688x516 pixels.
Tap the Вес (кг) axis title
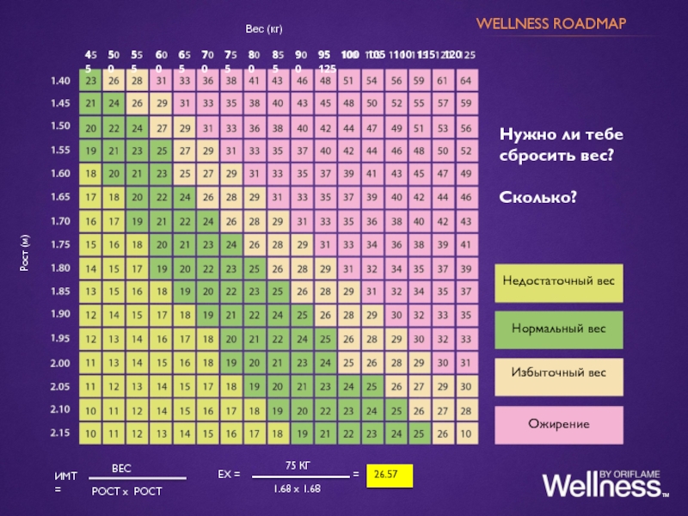(x=264, y=30)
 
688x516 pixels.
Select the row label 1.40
(x=60, y=81)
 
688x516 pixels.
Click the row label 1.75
(x=60, y=244)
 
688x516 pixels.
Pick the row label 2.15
(x=60, y=433)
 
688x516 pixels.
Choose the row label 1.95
(x=60, y=338)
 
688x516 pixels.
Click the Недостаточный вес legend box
(x=559, y=283)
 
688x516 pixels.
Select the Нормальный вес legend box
(x=559, y=329)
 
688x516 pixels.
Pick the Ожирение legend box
(x=559, y=424)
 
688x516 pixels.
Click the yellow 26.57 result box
(x=389, y=474)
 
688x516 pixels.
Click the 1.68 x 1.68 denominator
(x=297, y=488)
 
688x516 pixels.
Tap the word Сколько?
(x=538, y=199)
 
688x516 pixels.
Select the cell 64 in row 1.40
(x=465, y=81)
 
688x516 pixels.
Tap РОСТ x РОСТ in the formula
(x=126, y=490)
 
